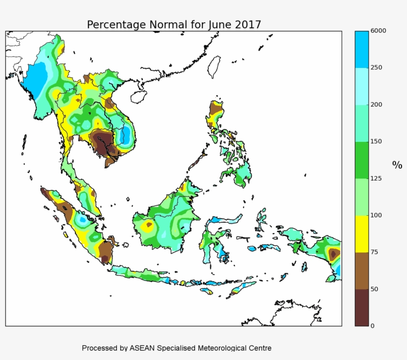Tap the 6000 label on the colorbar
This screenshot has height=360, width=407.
(378, 31)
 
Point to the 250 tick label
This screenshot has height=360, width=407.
(376, 67)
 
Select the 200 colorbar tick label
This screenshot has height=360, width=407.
(376, 105)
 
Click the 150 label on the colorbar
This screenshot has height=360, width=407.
(376, 141)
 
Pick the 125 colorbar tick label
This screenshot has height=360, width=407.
(376, 179)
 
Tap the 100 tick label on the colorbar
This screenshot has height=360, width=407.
(376, 215)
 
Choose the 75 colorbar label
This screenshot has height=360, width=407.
(375, 252)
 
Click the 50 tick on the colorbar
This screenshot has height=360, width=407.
(375, 289)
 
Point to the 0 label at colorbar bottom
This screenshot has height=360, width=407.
(373, 326)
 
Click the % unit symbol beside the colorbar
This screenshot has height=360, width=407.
(397, 165)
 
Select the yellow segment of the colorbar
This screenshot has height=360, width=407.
(361, 234)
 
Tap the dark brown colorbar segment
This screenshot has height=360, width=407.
(361, 307)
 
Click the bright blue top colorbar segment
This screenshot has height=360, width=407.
(361, 49)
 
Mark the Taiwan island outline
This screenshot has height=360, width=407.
(214, 66)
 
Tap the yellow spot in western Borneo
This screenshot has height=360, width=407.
(147, 226)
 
